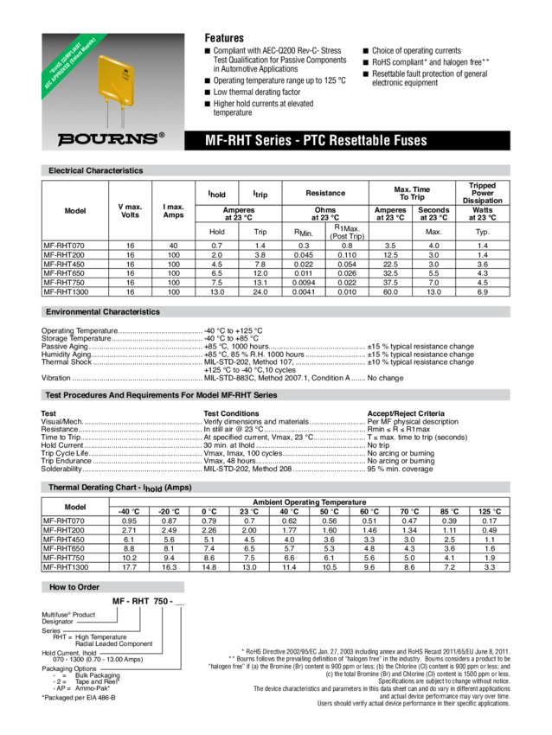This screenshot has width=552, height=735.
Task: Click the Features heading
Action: pyautogui.click(x=223, y=38)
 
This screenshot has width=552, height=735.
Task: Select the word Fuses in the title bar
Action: pyautogui.click(x=409, y=140)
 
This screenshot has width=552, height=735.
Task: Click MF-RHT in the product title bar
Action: pyautogui.click(x=226, y=140)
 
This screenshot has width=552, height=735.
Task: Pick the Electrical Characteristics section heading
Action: pyautogui.click(x=95, y=170)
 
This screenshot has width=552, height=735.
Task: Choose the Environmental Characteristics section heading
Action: pyautogui.click(x=103, y=311)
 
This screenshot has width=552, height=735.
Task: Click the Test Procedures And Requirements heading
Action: pyautogui.click(x=161, y=394)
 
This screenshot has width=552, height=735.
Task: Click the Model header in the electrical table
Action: pyautogui.click(x=75, y=210)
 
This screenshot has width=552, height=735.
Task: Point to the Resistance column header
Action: pyautogui.click(x=325, y=193)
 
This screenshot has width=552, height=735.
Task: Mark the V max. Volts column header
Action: pyautogui.click(x=130, y=210)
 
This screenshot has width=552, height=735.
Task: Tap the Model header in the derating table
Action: pyautogui.click(x=75, y=507)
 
